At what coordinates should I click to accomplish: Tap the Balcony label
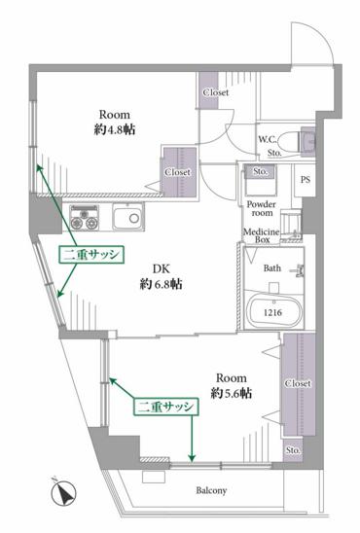coord(211,490)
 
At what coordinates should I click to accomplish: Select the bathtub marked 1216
coord(273,311)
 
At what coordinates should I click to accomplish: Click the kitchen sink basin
coord(127,217)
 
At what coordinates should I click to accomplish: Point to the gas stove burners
coord(85,218)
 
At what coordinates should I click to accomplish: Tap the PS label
coord(306,180)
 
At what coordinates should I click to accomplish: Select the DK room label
coord(161,269)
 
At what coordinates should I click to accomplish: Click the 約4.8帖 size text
coord(115,129)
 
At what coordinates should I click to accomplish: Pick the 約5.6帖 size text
coord(231,394)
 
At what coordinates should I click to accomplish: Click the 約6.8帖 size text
coord(161,284)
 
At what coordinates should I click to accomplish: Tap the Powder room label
coord(261,208)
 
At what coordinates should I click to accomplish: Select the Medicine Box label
coord(262,235)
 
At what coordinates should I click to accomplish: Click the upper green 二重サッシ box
coord(91,255)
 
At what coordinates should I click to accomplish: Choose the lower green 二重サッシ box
coord(165,407)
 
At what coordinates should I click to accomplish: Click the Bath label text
coord(272,268)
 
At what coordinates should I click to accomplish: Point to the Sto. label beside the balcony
coord(293,450)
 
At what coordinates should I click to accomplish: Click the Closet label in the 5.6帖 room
coord(298,383)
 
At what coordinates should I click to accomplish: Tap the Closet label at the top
coord(216,92)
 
